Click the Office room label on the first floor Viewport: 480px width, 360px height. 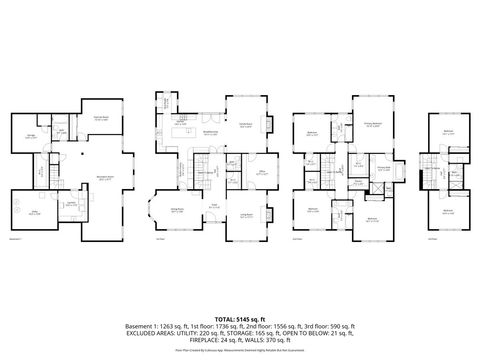tap(262, 172)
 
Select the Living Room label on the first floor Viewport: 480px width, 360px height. tap(246, 214)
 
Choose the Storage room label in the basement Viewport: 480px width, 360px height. tap(30, 135)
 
